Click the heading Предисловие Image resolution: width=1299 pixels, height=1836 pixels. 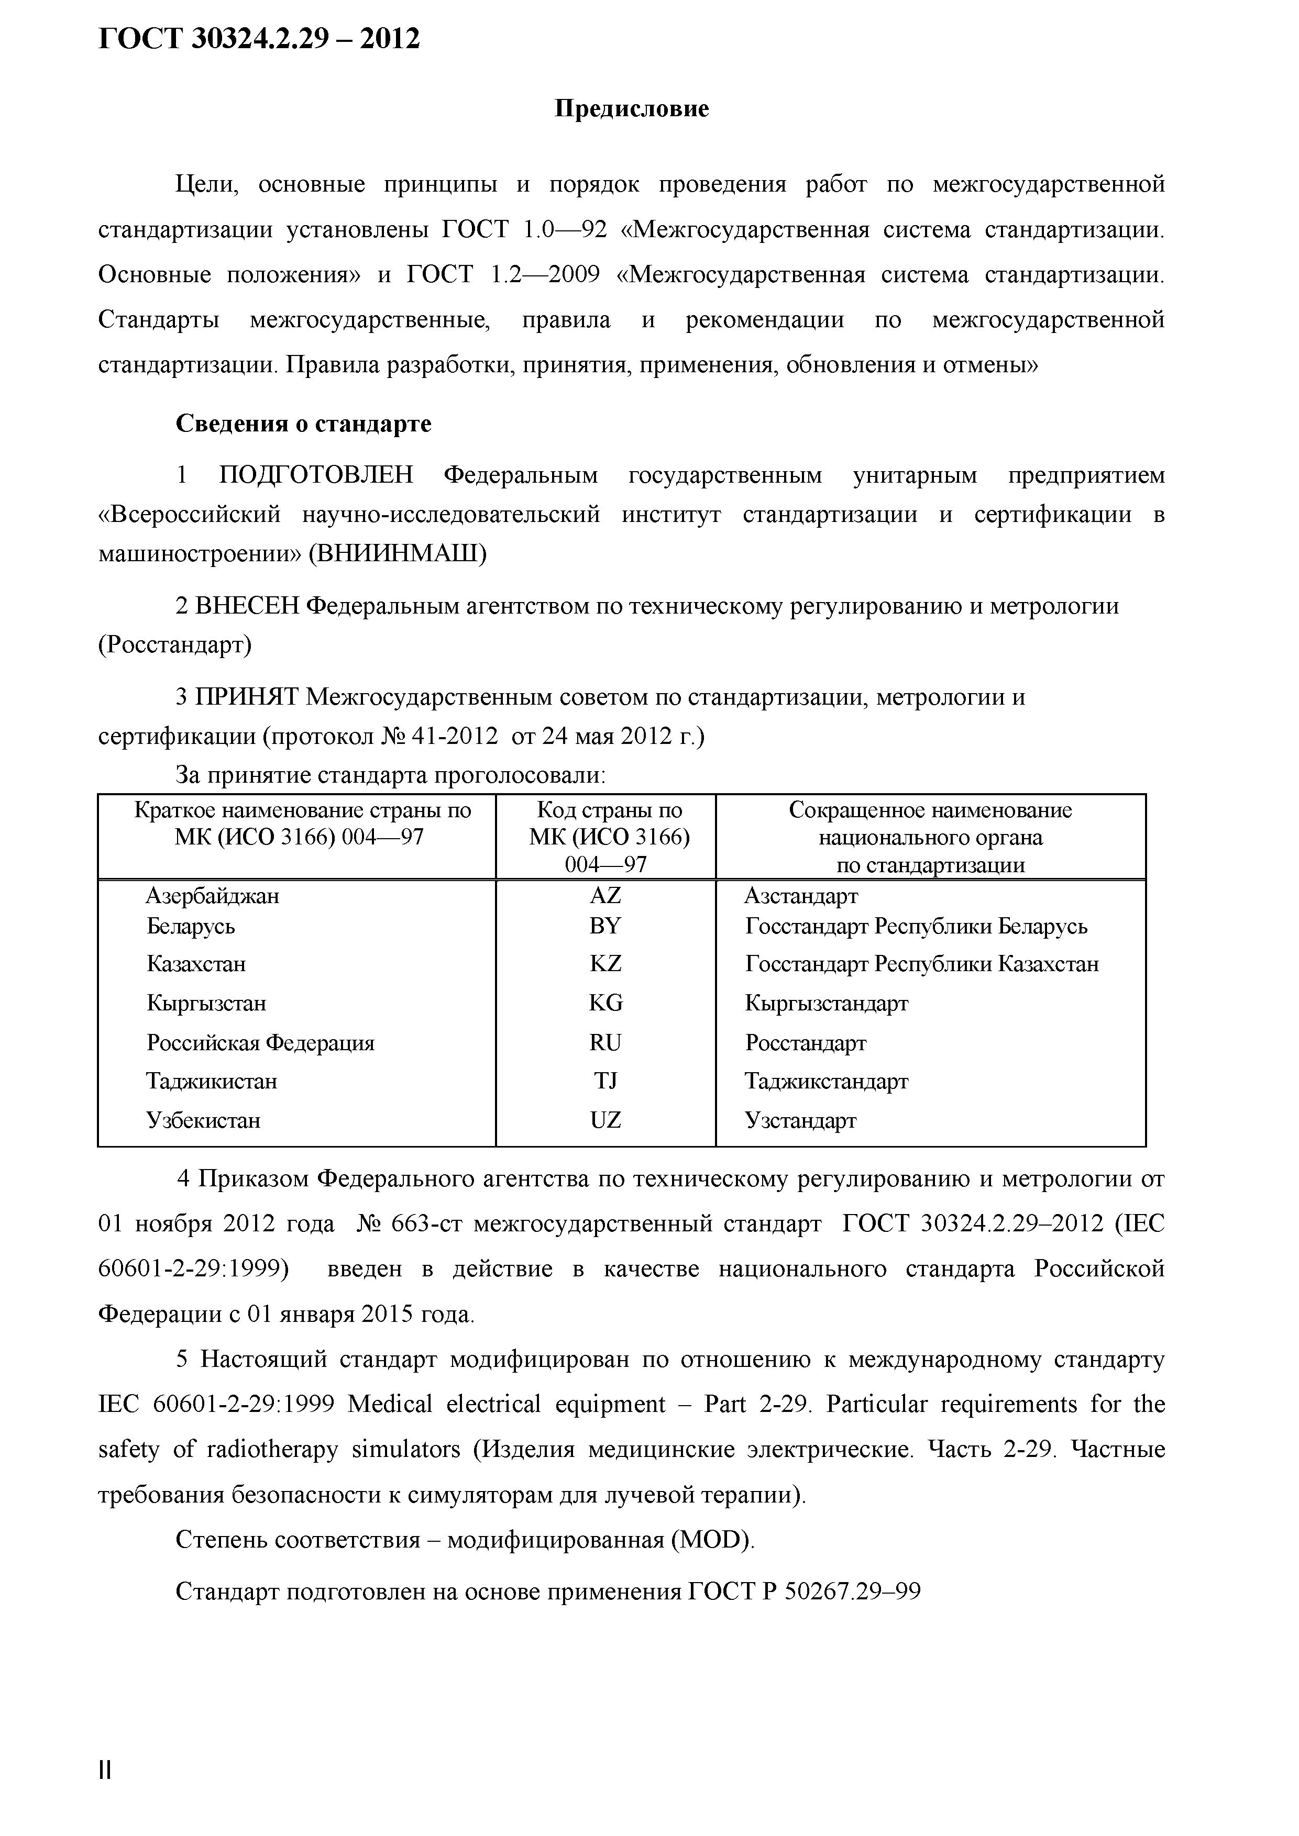coord(632,109)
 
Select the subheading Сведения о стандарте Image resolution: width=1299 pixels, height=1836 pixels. coord(303,424)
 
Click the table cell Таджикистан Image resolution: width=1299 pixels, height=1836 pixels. coord(212,1081)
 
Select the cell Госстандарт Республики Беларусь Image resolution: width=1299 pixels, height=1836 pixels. coord(916,926)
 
